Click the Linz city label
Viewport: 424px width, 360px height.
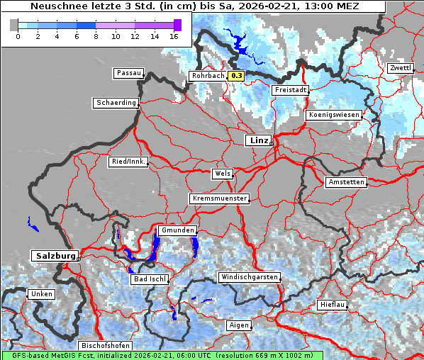point(258,140)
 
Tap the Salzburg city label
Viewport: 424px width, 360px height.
point(54,255)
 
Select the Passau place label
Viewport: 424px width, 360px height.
point(128,73)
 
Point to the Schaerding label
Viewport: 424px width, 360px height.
point(116,103)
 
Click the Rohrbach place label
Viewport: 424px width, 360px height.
point(208,76)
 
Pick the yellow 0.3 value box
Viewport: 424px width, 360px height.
point(237,76)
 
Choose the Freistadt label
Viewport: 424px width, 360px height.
point(290,90)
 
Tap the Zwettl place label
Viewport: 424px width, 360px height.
point(400,68)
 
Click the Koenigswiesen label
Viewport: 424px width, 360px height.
point(334,115)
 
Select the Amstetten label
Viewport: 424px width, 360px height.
point(346,182)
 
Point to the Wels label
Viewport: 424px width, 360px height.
point(221,174)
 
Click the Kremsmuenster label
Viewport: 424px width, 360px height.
point(220,198)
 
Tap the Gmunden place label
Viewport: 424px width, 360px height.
point(177,230)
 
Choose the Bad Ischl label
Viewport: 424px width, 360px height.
point(150,279)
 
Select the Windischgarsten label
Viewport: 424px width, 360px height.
point(249,277)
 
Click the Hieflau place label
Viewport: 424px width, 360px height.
point(332,305)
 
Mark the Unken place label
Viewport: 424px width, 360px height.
point(41,294)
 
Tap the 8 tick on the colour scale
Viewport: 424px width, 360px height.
point(96,36)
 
